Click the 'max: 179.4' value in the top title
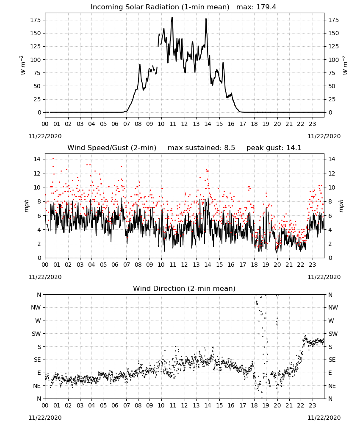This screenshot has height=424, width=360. (x=256, y=7)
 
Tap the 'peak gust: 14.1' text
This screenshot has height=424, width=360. (x=274, y=148)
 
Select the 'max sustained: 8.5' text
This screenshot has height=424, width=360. (x=201, y=148)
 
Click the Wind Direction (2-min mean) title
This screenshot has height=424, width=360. (x=184, y=288)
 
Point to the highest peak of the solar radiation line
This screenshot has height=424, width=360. (x=172, y=17)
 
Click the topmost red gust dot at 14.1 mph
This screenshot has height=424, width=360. (x=53, y=159)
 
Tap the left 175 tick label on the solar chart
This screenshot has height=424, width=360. (x=36, y=20)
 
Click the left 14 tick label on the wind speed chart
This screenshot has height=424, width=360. (x=37, y=159)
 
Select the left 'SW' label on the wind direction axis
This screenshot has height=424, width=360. (x=36, y=334)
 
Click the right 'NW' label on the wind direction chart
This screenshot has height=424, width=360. (x=333, y=307)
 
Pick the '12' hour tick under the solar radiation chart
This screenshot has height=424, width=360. (x=184, y=124)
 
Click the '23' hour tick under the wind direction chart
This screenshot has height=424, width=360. (x=312, y=405)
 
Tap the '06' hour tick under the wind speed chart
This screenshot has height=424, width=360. (x=115, y=265)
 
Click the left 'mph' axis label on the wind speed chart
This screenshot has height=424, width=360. (x=26, y=206)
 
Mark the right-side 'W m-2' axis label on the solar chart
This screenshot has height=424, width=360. (x=345, y=65)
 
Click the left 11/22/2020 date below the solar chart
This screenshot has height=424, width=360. (x=45, y=136)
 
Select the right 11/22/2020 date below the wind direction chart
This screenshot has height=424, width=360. (x=324, y=418)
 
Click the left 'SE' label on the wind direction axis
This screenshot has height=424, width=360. (x=37, y=360)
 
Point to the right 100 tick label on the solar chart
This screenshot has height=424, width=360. (x=333, y=60)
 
